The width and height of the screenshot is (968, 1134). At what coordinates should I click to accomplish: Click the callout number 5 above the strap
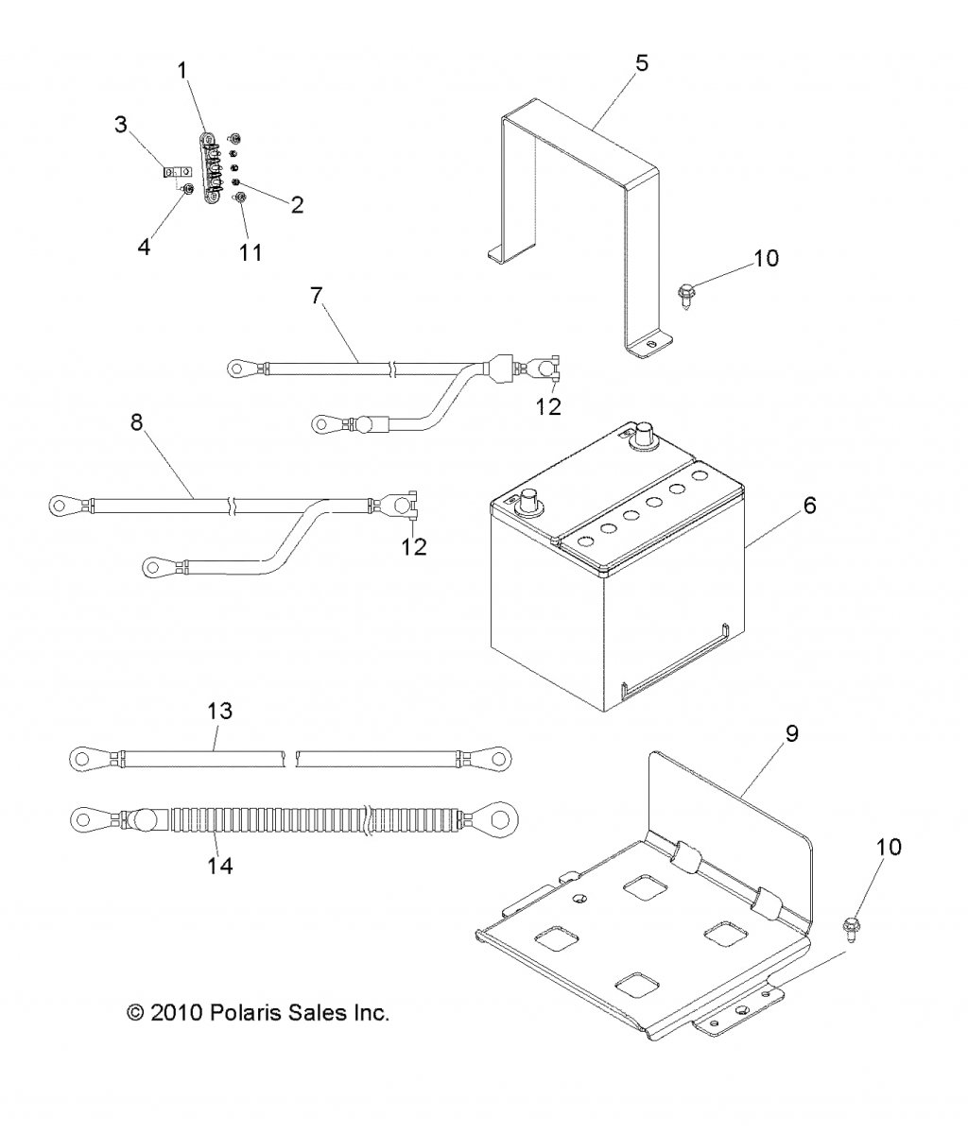click(x=641, y=63)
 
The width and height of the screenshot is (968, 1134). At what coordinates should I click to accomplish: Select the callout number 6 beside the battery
click(x=809, y=506)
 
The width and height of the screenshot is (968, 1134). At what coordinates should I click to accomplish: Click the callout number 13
click(x=218, y=710)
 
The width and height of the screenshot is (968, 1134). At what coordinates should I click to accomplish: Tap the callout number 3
click(x=120, y=125)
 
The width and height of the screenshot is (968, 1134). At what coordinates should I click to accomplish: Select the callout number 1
click(x=182, y=69)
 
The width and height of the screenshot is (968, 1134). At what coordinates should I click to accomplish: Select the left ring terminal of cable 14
click(x=86, y=814)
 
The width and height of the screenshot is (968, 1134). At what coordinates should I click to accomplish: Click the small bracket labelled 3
click(x=171, y=172)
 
